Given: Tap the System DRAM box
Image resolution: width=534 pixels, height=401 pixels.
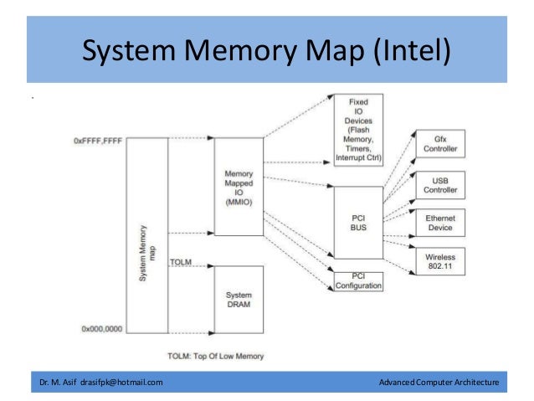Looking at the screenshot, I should (239, 300).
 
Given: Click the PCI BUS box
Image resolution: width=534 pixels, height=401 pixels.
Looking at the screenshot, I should (357, 222).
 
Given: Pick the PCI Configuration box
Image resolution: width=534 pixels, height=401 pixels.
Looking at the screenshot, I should (357, 280).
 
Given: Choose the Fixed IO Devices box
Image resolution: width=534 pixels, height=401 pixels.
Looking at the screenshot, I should (357, 130).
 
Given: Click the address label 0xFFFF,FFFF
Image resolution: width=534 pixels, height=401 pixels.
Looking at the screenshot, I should (97, 141).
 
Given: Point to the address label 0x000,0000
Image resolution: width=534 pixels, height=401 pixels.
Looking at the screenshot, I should (100, 329).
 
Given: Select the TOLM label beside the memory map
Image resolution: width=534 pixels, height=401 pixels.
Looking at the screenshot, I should (180, 262).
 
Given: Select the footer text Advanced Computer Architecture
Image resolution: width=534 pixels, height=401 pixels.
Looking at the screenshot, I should (439, 383).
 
